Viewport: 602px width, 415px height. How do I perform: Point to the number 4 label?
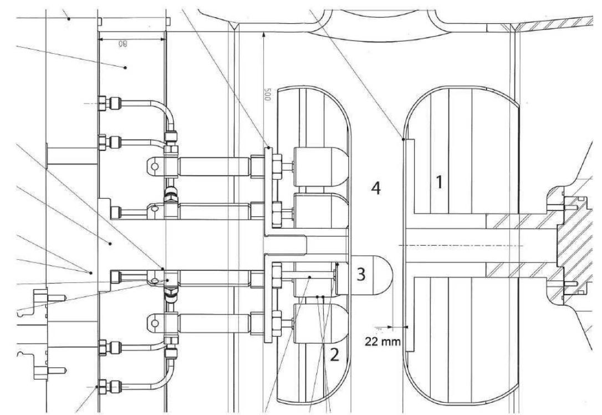coord(376,189)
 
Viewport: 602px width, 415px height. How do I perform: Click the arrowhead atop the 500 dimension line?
coord(264,34)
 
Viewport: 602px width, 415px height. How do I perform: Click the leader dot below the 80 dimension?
coord(126,67)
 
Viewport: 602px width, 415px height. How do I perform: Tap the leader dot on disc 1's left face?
coord(402,140)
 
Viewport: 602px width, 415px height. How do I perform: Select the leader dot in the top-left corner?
coord(69,18)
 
